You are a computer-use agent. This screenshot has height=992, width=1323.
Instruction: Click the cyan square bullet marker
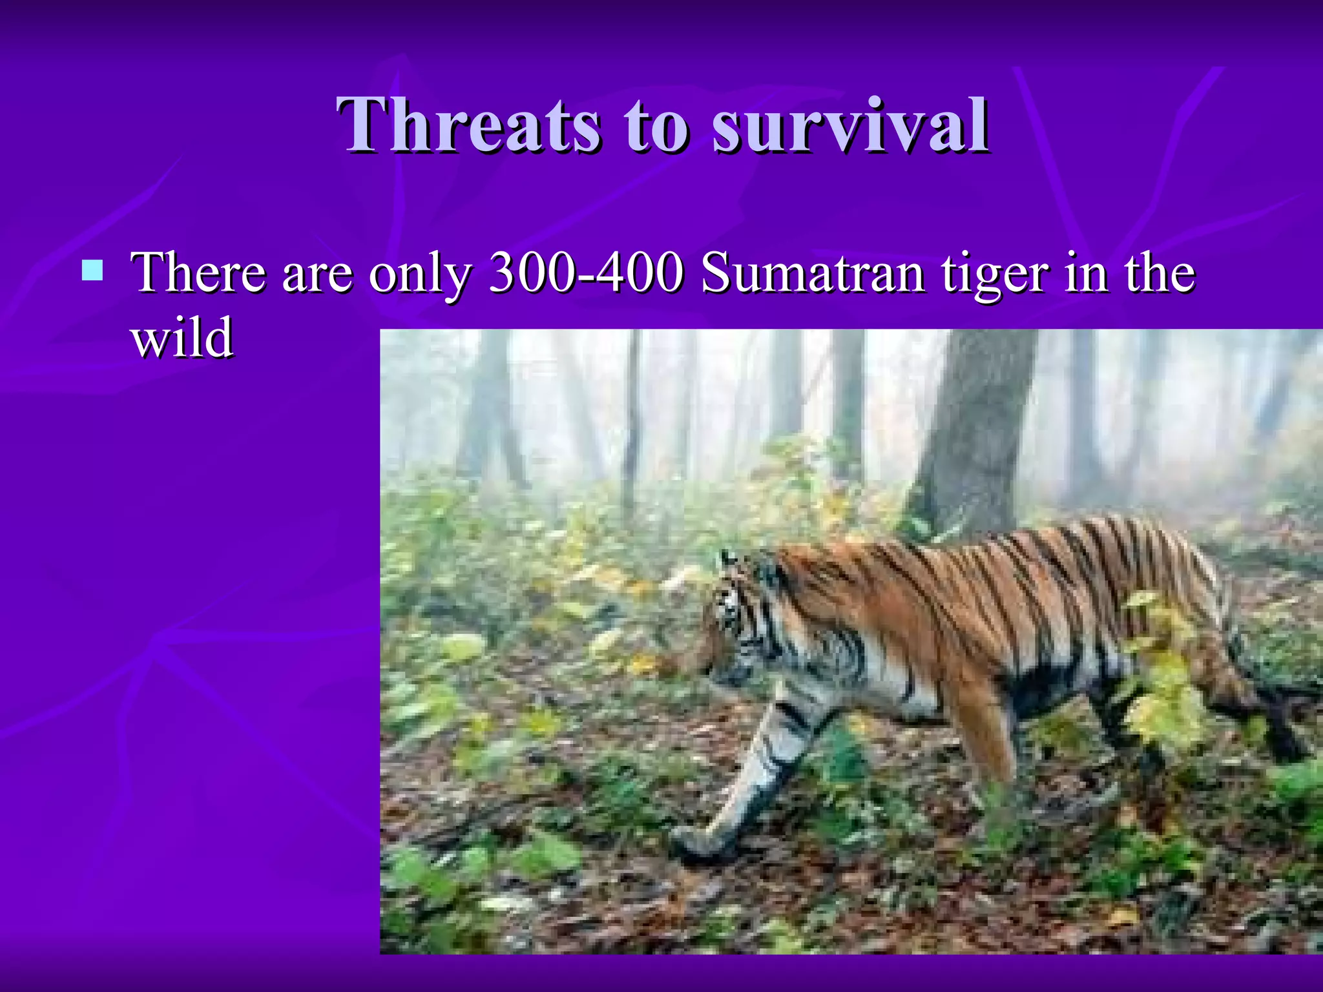pos(92,271)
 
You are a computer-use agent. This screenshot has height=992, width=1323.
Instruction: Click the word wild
pos(182,338)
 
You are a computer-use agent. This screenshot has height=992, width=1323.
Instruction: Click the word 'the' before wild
pos(1160,273)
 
